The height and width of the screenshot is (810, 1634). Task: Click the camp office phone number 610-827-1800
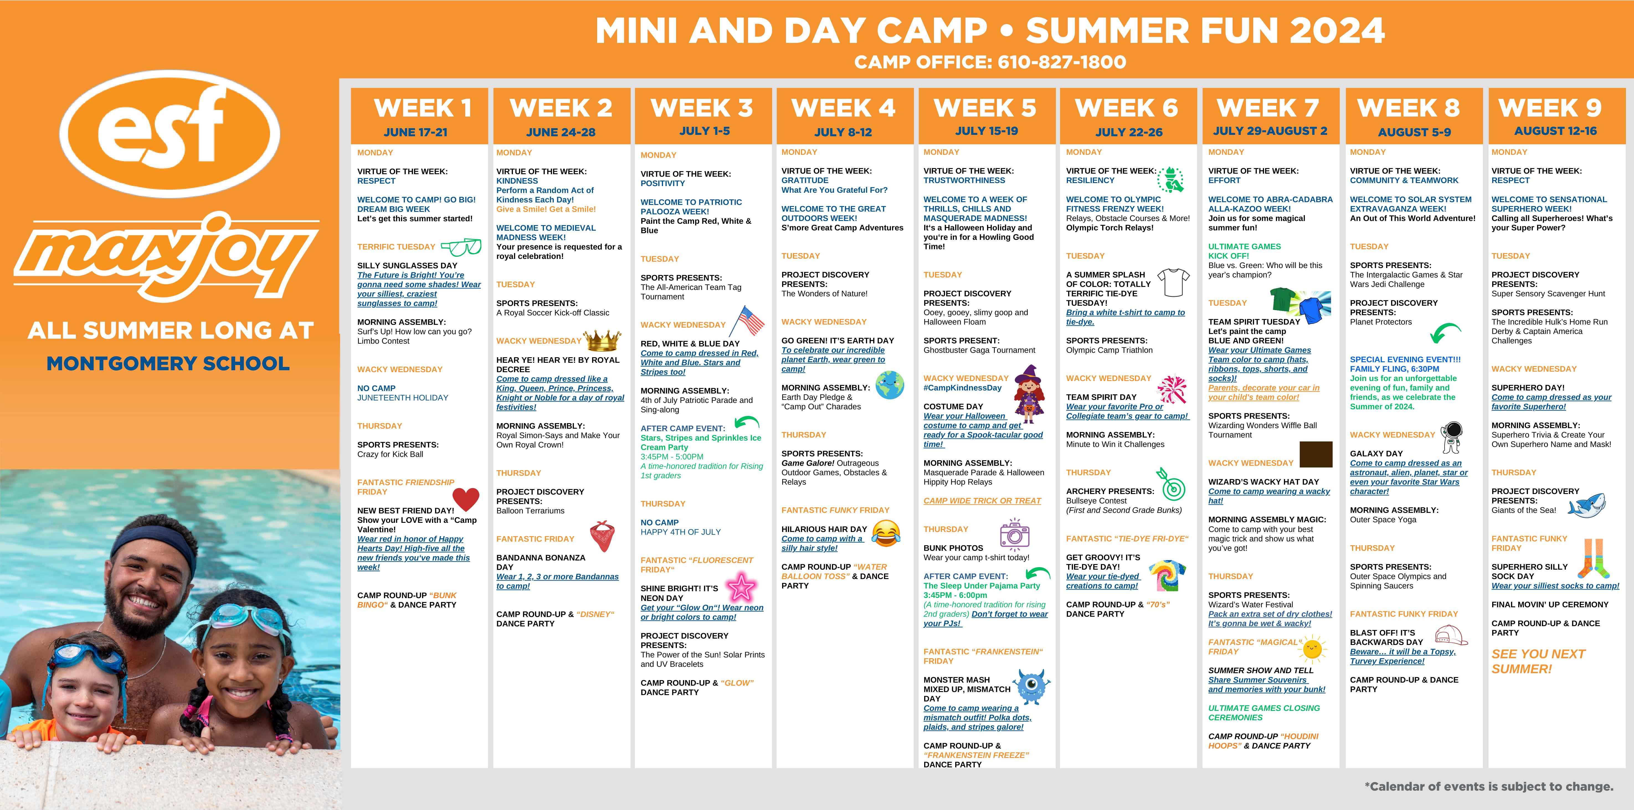click(1062, 62)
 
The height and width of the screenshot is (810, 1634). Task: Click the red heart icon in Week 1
click(466, 499)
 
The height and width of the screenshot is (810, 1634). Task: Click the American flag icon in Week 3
click(747, 321)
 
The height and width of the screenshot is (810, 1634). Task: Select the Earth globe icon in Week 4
click(890, 385)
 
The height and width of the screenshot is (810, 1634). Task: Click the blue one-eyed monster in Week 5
click(1031, 686)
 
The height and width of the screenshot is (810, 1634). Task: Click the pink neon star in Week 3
click(740, 587)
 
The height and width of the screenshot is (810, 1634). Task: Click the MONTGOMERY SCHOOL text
click(168, 363)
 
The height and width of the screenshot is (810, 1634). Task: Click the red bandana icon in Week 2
click(603, 536)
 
